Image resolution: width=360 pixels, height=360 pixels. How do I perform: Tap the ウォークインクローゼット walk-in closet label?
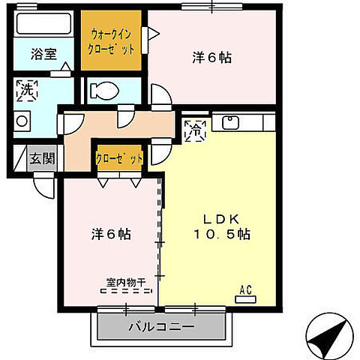click(112, 41)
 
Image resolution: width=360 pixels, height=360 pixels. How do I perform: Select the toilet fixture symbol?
click(103, 91)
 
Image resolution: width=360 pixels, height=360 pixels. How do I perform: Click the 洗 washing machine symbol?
click(25, 89)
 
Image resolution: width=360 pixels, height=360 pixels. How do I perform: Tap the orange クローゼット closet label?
click(119, 158)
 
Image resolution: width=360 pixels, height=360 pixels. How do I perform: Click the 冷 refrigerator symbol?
click(194, 128)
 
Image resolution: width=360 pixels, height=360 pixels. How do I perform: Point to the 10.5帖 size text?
click(223, 234)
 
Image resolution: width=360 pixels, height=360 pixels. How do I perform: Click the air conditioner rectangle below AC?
click(244, 298)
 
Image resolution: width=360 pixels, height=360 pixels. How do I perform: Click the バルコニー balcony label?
click(160, 328)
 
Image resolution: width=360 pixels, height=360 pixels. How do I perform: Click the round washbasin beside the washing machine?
click(22, 120)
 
